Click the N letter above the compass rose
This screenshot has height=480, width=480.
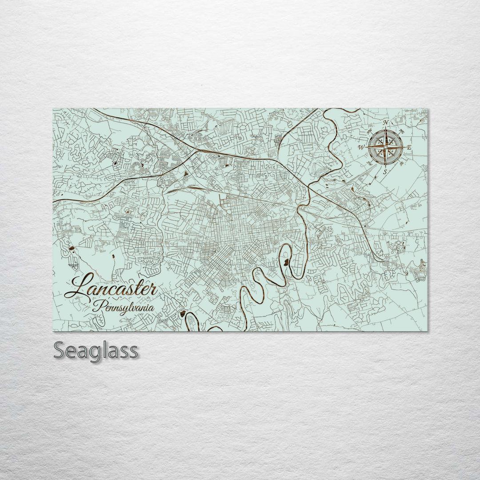pyautogui.click(x=385, y=123)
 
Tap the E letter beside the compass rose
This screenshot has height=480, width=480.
pyautogui.click(x=409, y=147)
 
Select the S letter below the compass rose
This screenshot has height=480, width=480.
pyautogui.click(x=385, y=171)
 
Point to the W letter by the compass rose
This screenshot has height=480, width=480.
pyautogui.click(x=361, y=147)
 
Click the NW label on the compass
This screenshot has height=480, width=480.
pyautogui.click(x=369, y=130)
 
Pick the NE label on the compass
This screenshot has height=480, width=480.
pyautogui.click(x=402, y=131)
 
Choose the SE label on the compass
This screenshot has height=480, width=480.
pyautogui.click(x=402, y=164)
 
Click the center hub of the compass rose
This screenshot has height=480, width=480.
pyautogui.click(x=385, y=147)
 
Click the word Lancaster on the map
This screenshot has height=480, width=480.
pyautogui.click(x=111, y=287)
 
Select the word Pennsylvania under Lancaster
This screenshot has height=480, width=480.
pyautogui.click(x=124, y=307)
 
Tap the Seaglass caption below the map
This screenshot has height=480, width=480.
pyautogui.click(x=96, y=351)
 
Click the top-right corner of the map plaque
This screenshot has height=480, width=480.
pyautogui.click(x=428, y=109)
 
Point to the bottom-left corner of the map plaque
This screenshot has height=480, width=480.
pyautogui.click(x=53, y=331)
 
